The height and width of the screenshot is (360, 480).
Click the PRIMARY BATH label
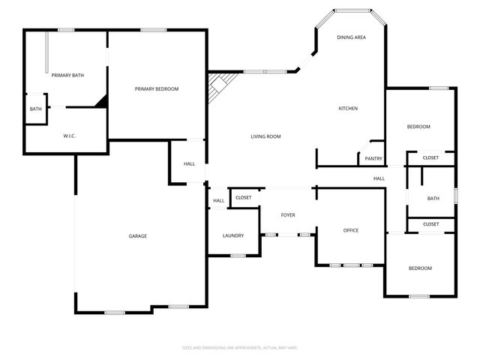(x=67, y=76)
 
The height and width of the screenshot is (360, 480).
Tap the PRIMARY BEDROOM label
(x=157, y=89)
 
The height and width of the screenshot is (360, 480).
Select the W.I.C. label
(x=69, y=136)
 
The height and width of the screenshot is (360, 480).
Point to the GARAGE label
(x=137, y=236)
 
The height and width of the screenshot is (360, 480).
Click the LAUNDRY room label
(x=233, y=236)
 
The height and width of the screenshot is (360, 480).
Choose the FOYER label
(x=288, y=215)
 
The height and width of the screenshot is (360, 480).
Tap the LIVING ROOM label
(x=265, y=136)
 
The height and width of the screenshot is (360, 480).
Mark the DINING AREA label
(x=351, y=37)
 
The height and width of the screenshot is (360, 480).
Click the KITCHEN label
(x=348, y=109)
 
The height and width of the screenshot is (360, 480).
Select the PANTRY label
(x=373, y=159)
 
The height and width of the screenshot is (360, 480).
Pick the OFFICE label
(x=351, y=230)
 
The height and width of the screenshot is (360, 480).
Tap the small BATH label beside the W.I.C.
(x=36, y=109)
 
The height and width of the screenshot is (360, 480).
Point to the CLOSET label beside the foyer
(x=244, y=198)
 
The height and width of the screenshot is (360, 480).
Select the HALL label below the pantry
(x=379, y=178)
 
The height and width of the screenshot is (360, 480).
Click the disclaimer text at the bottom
(x=240, y=348)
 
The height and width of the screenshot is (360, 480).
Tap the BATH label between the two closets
(x=433, y=199)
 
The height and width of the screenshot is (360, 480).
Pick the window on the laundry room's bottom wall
(x=238, y=256)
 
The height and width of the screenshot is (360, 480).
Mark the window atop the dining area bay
(x=352, y=10)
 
